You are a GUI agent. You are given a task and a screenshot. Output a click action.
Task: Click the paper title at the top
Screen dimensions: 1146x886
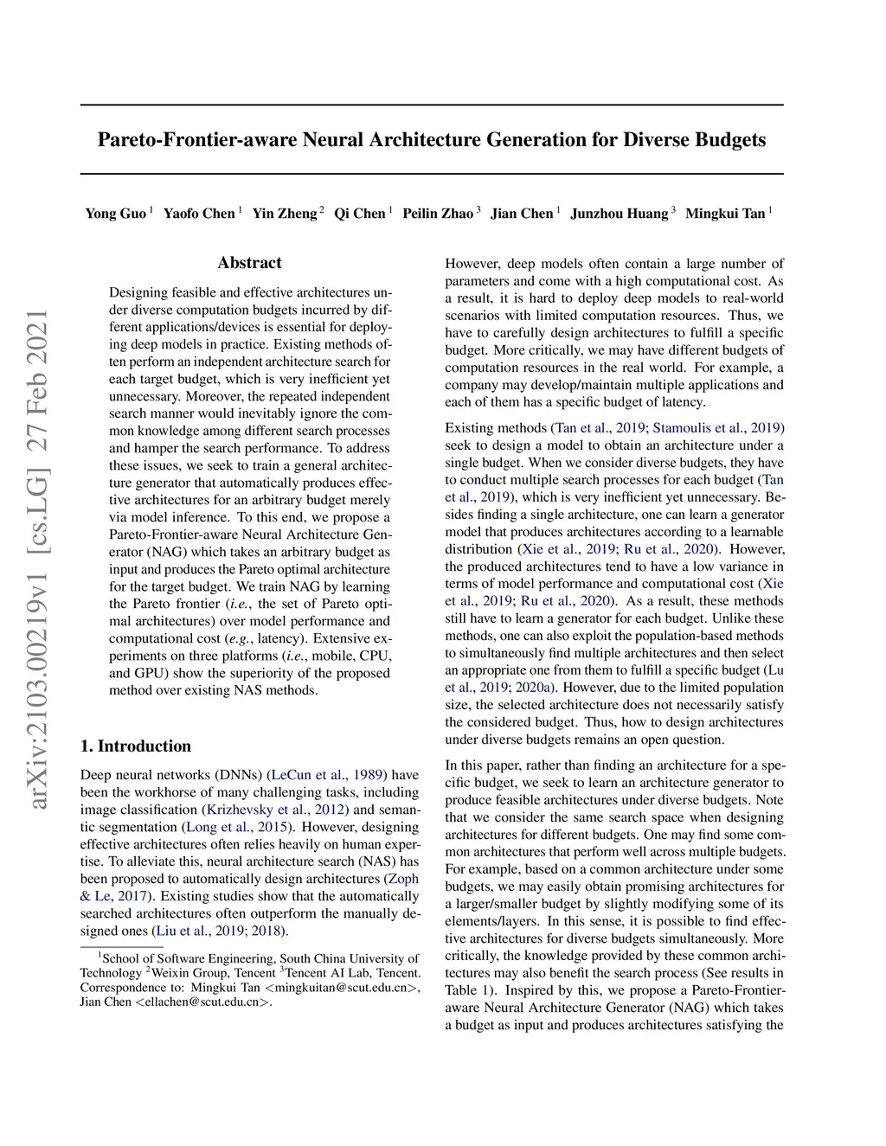pyautogui.click(x=431, y=140)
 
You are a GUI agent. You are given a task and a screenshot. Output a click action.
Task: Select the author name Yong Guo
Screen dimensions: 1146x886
pyautogui.click(x=115, y=214)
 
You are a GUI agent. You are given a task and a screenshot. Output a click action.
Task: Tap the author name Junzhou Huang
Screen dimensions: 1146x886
pyautogui.click(x=619, y=214)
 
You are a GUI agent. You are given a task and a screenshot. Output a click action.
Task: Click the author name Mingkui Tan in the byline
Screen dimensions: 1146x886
pyautogui.click(x=725, y=214)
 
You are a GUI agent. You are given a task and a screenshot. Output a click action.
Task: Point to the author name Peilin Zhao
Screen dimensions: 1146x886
pyautogui.click(x=438, y=214)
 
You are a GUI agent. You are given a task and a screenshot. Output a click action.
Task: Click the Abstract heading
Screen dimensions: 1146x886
pyautogui.click(x=249, y=263)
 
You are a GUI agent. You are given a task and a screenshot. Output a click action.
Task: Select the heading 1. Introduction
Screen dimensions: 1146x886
pyautogui.click(x=135, y=746)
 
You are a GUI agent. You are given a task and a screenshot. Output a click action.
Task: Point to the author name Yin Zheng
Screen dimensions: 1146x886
pyautogui.click(x=284, y=214)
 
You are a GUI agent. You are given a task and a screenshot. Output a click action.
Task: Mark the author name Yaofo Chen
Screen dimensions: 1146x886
pyautogui.click(x=199, y=214)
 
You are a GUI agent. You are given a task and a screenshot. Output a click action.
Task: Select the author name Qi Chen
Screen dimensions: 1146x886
pyautogui.click(x=359, y=214)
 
